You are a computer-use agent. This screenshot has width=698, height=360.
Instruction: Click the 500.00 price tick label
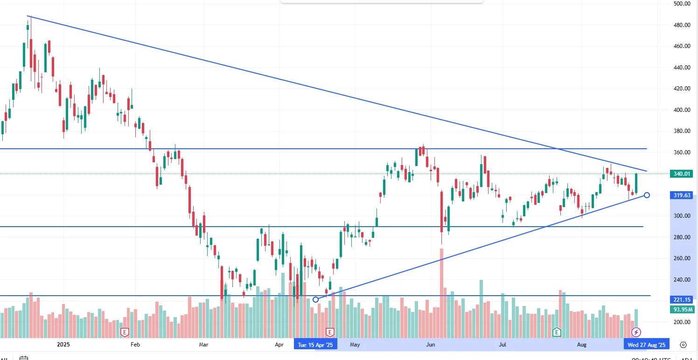[x=682, y=4]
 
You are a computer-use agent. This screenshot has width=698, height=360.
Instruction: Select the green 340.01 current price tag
[x=682, y=174]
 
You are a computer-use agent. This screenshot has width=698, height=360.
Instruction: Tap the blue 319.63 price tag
[x=682, y=195]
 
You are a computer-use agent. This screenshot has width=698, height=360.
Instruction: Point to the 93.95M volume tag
[x=682, y=310]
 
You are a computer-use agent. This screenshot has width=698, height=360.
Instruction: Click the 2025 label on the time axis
[x=63, y=345]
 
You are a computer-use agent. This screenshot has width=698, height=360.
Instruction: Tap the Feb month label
[x=135, y=345]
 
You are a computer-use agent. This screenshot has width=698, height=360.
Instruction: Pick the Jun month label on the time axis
[x=431, y=345]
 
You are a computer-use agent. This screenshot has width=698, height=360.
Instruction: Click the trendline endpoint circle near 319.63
[x=647, y=195]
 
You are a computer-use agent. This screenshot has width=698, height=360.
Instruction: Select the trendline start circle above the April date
[x=316, y=299]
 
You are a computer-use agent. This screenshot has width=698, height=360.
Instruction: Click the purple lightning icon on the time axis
[x=636, y=332]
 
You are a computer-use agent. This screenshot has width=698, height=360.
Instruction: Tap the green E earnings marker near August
[x=557, y=332]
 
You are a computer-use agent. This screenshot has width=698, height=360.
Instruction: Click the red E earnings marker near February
[x=125, y=332]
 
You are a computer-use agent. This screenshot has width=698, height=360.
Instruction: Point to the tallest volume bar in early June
[x=441, y=294]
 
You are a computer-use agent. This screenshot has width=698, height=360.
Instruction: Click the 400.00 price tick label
[x=682, y=110]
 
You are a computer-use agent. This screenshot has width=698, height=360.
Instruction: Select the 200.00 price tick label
[x=682, y=322]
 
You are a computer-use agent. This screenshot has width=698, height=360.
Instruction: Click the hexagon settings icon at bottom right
[x=683, y=345]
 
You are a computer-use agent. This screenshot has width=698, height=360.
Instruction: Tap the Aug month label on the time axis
[x=581, y=345]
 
